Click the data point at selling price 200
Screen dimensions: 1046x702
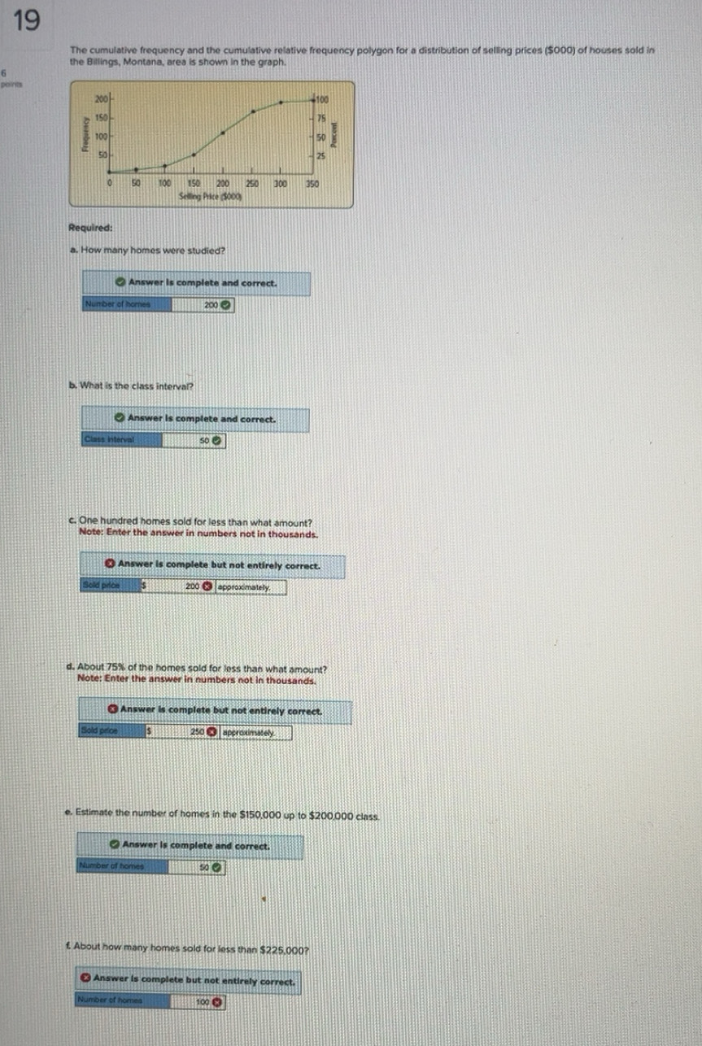[222, 130]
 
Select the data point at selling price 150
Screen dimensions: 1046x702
[193, 154]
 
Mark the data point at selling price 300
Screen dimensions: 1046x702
[281, 102]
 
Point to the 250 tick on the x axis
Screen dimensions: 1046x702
[252, 185]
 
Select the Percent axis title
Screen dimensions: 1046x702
[334, 134]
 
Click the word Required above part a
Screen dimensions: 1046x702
[91, 229]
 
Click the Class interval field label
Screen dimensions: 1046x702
[109, 440]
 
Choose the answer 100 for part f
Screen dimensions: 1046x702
[203, 1001]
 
